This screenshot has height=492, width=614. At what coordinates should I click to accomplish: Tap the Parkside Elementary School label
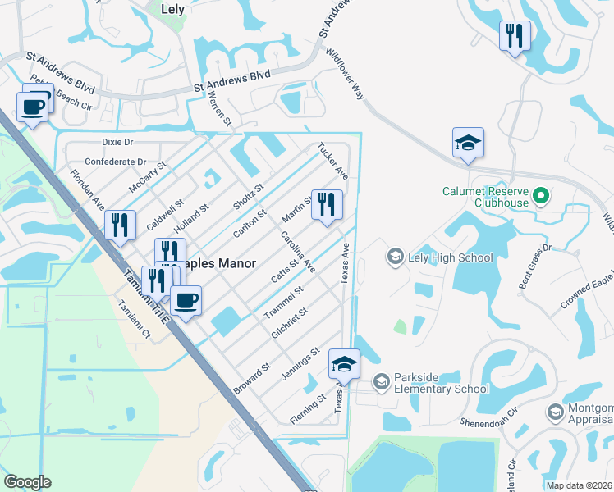point(442,382)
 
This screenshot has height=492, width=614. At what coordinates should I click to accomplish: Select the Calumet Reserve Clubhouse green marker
point(540,196)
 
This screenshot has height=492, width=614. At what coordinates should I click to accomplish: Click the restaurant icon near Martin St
point(327,205)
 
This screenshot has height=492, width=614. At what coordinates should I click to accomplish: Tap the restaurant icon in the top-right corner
point(515,35)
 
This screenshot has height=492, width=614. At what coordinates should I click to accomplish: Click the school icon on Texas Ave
point(344,364)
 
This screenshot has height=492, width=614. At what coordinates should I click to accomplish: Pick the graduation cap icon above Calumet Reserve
point(468,143)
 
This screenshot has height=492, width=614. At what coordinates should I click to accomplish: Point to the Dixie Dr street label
point(117,142)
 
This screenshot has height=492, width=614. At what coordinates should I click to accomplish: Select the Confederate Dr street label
point(115,162)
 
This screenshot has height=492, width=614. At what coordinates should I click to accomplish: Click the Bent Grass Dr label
point(535,258)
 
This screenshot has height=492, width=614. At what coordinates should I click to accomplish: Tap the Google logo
point(27,482)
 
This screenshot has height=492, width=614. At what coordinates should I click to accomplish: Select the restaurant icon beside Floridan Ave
point(120,225)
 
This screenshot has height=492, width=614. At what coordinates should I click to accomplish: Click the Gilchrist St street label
point(288,324)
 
